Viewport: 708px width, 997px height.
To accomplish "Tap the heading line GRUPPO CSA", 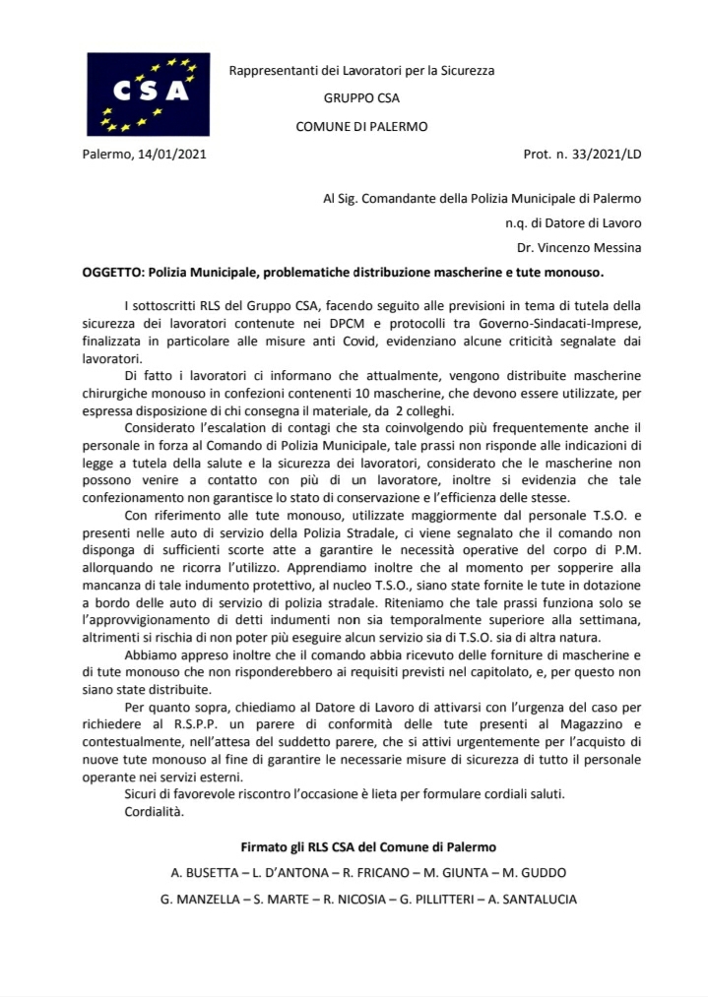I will [x=361, y=98].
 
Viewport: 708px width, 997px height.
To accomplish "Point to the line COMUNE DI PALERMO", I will [x=361, y=127].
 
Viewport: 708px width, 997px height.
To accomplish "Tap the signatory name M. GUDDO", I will [x=531, y=873].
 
